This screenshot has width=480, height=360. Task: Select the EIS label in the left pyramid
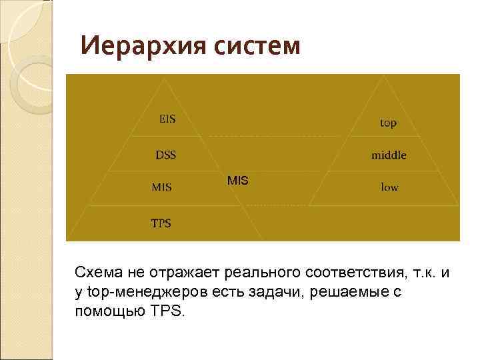click(x=167, y=119)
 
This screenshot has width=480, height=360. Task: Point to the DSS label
click(x=166, y=155)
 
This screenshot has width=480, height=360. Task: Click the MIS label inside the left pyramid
click(x=161, y=187)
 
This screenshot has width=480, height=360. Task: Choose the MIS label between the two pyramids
click(x=237, y=180)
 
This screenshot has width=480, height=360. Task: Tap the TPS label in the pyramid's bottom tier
click(x=161, y=223)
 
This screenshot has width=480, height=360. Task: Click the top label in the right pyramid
click(x=388, y=123)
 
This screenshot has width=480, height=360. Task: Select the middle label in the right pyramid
click(x=389, y=155)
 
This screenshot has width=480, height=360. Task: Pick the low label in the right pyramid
click(x=389, y=187)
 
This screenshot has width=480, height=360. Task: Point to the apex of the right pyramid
click(x=385, y=75)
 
